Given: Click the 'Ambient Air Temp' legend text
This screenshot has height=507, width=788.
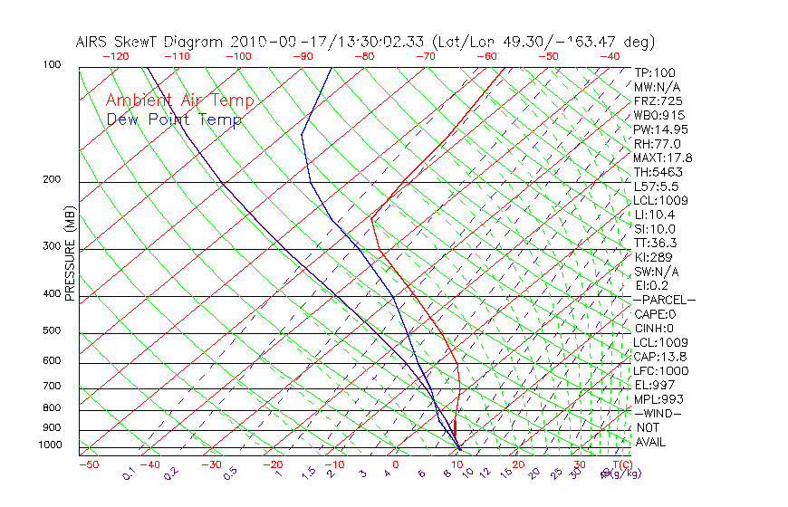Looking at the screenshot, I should (x=179, y=100).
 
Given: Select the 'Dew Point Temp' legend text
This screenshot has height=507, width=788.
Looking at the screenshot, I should (x=173, y=120).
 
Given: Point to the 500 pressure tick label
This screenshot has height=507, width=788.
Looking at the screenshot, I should (x=51, y=331).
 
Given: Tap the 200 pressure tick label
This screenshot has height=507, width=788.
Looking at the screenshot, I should (x=51, y=180).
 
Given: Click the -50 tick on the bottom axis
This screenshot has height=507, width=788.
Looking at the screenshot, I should (x=88, y=465).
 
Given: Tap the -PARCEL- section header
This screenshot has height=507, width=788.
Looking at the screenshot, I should (x=664, y=300).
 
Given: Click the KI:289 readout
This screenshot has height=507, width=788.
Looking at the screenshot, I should (x=654, y=257).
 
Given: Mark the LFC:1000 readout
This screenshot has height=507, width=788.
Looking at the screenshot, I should (x=660, y=371).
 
